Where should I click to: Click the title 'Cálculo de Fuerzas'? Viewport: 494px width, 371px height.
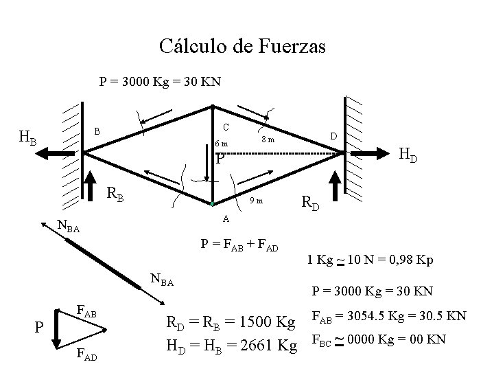[242, 46]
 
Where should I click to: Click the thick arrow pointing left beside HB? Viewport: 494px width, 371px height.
[60, 154]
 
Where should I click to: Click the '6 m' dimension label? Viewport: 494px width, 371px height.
[222, 144]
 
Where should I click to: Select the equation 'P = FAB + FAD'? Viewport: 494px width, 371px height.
[238, 246]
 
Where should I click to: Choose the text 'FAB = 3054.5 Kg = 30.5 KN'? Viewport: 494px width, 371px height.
[389, 317]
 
